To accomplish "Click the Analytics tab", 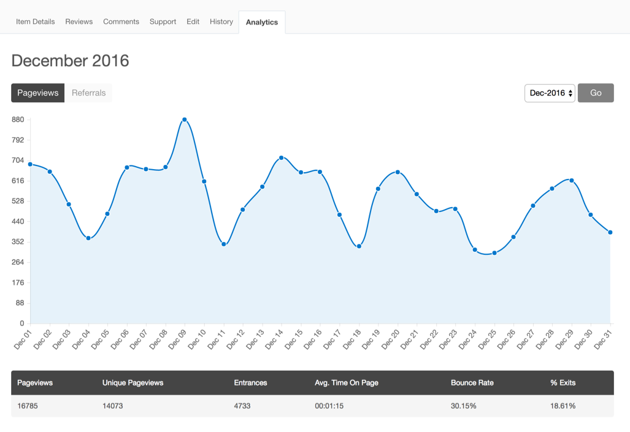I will pos(262,22).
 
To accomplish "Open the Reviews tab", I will pos(79,21).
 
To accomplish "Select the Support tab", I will pos(163,21).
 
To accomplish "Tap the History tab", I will pos(221,21).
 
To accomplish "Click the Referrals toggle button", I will pos(88,93).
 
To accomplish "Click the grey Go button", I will pos(596,93).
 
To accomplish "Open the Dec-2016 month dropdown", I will pos(550,93).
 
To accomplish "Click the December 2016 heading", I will pos(70,61).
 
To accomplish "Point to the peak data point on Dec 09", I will pos(185,119).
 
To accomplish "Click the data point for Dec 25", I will pos(494,253).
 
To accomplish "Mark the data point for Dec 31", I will pos(610,232).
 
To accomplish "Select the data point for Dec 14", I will pos(282,157).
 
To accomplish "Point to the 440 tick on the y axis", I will pos(18,221).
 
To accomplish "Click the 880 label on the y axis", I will pos(18,119).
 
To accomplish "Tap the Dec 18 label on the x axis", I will pos(352,339).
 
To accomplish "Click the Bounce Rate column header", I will pos(472,382).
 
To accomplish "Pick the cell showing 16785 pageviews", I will pos(28,406).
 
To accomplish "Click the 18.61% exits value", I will pos(563,406).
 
